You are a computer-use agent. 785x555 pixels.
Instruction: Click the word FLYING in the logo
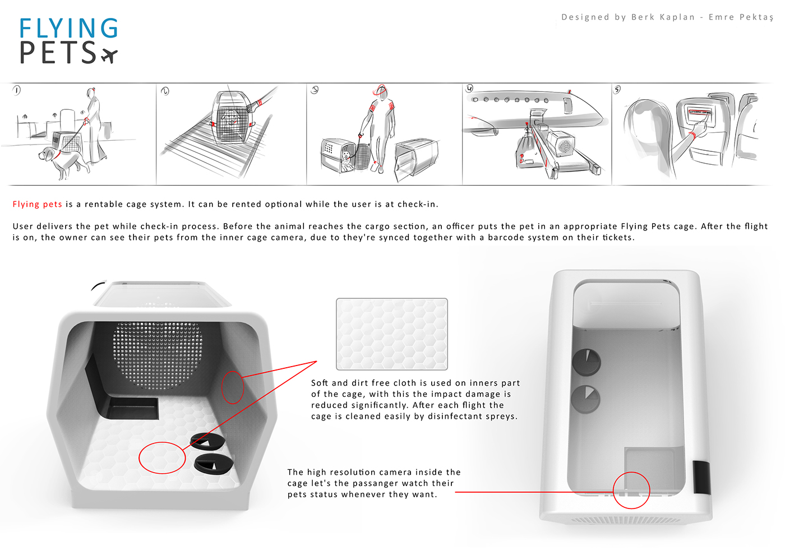(x=68, y=29)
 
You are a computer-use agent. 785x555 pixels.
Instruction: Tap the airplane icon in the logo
(x=109, y=55)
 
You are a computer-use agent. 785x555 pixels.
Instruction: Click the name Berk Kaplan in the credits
(x=663, y=17)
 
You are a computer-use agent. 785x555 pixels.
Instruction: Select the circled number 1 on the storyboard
(x=17, y=90)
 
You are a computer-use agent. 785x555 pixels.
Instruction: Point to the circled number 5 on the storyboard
(x=617, y=90)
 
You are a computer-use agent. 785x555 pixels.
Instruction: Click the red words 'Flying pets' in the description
(x=37, y=205)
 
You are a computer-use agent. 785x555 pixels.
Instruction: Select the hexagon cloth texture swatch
(x=392, y=334)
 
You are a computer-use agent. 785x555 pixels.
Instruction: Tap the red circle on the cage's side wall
(x=233, y=387)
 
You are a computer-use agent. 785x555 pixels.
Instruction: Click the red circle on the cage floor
(x=162, y=457)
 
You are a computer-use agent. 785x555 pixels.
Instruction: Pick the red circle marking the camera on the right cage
(x=631, y=490)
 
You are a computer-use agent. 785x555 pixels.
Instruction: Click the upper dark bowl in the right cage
(x=586, y=362)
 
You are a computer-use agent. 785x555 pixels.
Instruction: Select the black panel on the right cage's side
(x=702, y=477)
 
